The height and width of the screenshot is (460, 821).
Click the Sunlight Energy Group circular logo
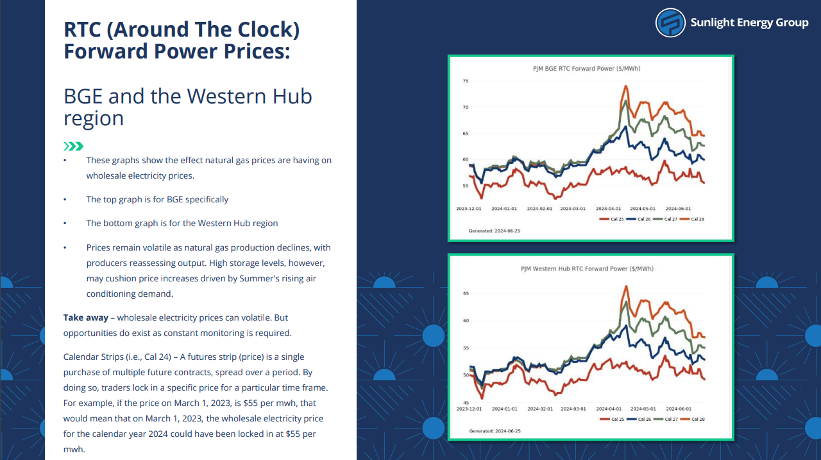pyautogui.click(x=670, y=22)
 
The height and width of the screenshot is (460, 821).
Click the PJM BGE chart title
pyautogui.click(x=586, y=69)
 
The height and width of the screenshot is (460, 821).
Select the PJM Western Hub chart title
pyautogui.click(x=587, y=269)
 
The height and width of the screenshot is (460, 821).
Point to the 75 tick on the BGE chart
pyautogui.click(x=466, y=81)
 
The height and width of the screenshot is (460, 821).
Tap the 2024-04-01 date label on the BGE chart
pyautogui.click(x=608, y=209)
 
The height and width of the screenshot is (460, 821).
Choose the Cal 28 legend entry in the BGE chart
pyautogui.click(x=691, y=219)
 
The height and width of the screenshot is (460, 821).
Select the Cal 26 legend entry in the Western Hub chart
pyautogui.click(x=639, y=420)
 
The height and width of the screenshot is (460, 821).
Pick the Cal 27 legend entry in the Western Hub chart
pyautogui.click(x=666, y=420)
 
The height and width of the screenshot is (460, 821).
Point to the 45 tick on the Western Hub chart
pyautogui.click(x=466, y=403)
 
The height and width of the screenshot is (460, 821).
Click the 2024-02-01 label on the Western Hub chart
pyautogui.click(x=540, y=409)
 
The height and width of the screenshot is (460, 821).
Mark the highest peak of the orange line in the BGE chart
pyautogui.click(x=626, y=86)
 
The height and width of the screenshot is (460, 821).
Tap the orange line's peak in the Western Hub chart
pyautogui.click(x=626, y=287)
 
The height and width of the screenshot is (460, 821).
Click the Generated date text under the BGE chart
pyautogui.click(x=495, y=231)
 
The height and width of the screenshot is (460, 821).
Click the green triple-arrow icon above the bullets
pyautogui.click(x=73, y=146)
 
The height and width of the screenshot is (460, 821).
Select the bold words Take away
pyautogui.click(x=86, y=317)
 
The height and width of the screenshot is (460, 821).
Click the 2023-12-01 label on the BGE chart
pyautogui.click(x=468, y=209)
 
